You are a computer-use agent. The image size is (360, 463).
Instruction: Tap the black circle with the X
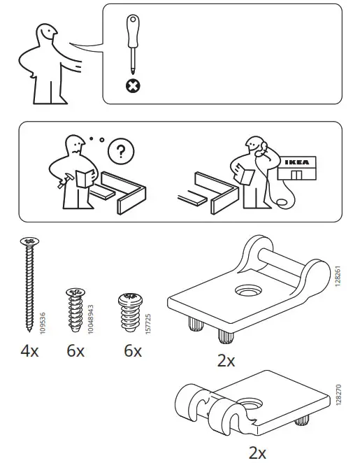tap(131, 86)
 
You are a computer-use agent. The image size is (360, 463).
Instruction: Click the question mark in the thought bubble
tap(121, 151)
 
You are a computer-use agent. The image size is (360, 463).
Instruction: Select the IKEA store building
tap(296, 168)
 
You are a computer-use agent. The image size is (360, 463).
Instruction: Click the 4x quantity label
tap(29, 351)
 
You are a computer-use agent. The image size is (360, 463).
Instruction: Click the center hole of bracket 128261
tap(248, 290)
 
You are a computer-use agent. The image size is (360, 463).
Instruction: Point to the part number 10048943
tap(91, 314)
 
